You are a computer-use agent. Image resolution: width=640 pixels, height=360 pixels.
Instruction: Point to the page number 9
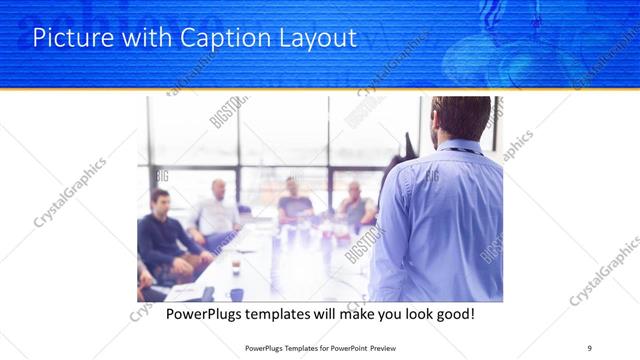[x=591, y=347]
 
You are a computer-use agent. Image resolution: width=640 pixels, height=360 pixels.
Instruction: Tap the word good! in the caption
[x=453, y=314]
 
